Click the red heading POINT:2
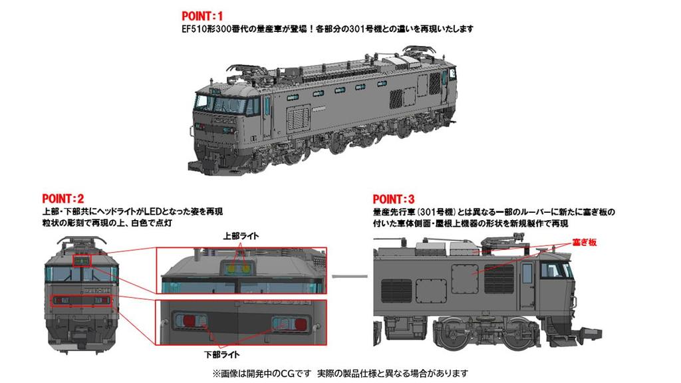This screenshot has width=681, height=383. click(x=63, y=198)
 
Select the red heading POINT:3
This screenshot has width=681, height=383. click(x=393, y=199)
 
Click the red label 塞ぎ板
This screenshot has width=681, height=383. click(x=587, y=243)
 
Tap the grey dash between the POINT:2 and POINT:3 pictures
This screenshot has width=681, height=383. click(x=350, y=275)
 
